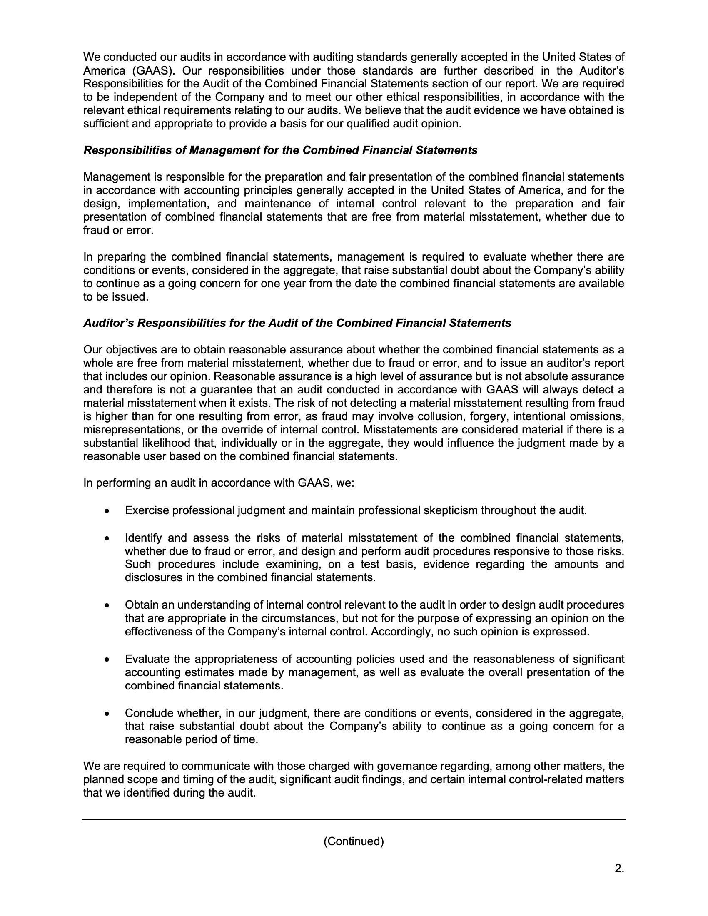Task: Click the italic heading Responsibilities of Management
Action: point(280,151)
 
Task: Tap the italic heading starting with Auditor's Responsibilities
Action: point(297,323)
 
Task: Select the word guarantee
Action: point(227,390)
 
